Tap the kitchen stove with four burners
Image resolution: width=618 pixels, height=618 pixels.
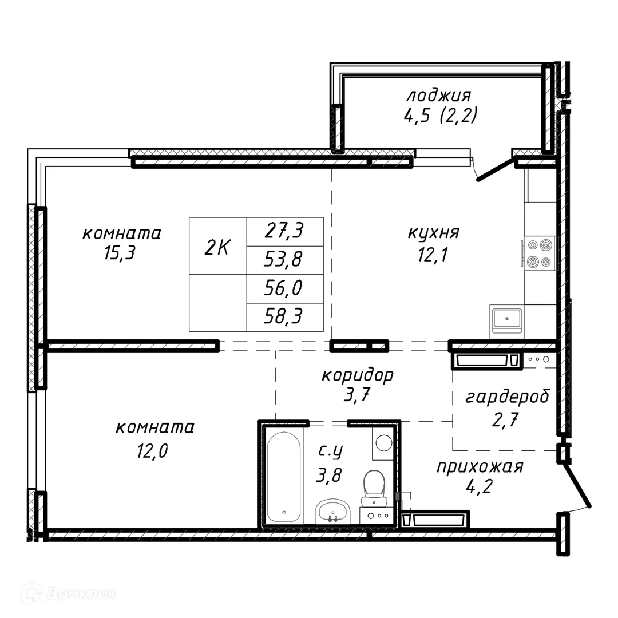pos(540,253)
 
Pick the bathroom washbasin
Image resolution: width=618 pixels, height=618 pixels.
pos(333,510)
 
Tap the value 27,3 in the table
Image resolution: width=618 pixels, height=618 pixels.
pos(284,232)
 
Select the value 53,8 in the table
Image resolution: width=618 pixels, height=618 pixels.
pos(284,260)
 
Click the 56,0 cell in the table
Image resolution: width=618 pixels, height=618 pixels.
pos(284,288)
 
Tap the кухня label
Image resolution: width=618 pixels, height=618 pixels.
pos(434,233)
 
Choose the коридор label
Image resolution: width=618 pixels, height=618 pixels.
pos(357,375)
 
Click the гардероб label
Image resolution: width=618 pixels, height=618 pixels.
pos(507,397)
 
